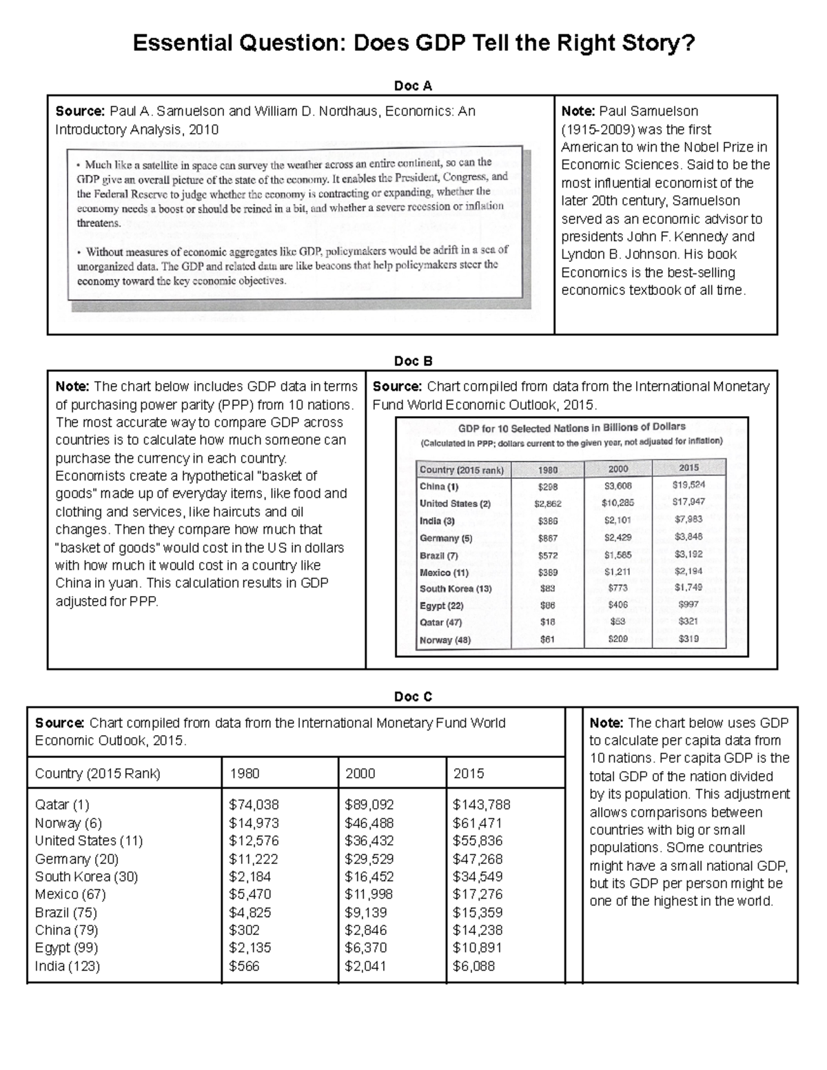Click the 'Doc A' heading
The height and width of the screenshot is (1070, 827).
click(413, 85)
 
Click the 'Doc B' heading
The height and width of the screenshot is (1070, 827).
click(413, 361)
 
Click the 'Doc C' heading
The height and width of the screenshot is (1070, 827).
click(413, 697)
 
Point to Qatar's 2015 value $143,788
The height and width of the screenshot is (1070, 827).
click(481, 805)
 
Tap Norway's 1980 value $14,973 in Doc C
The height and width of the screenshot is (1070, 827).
click(254, 823)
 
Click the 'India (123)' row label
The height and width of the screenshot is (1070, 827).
click(68, 966)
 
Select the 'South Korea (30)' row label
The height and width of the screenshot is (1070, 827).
click(87, 876)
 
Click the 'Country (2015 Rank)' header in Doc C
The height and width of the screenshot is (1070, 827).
click(98, 773)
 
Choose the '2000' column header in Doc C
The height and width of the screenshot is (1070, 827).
click(360, 773)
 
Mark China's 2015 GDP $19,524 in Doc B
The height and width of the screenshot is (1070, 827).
click(688, 485)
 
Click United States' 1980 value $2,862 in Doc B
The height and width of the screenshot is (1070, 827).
click(548, 504)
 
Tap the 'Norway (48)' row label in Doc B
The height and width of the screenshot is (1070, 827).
click(445, 640)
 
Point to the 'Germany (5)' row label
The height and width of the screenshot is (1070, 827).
click(446, 538)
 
